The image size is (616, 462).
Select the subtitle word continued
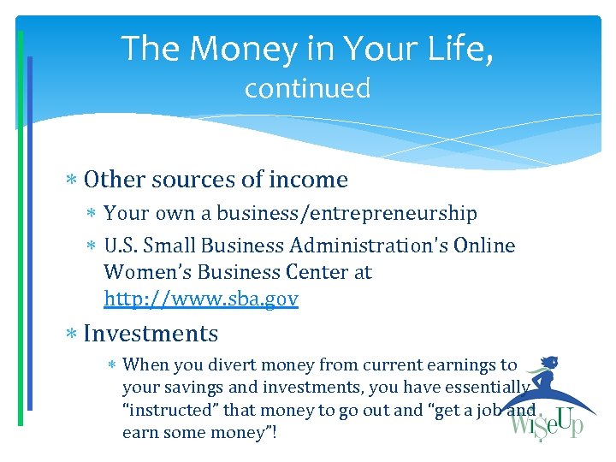pos(307,88)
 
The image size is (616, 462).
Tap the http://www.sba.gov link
pos(201,299)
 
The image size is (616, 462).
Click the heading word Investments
pos(151,333)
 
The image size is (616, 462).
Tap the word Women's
pos(140,273)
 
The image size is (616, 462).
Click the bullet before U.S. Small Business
pos(92,246)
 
